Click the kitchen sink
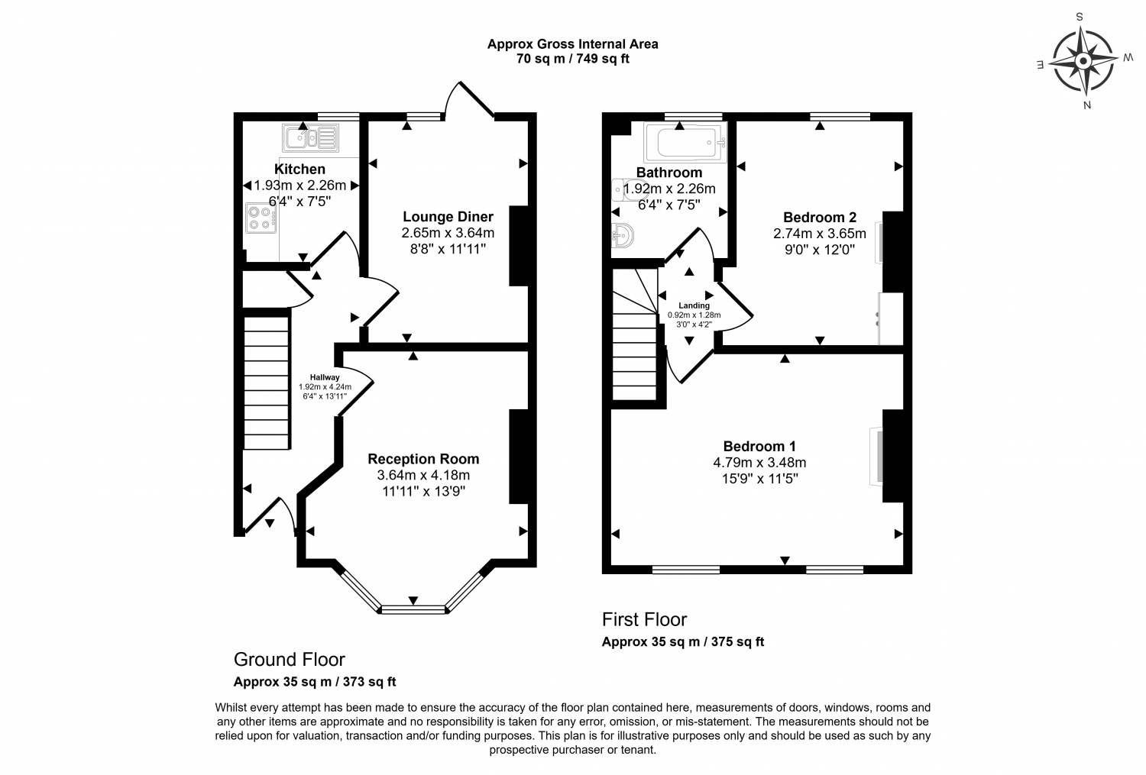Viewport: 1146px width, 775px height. click(310, 137)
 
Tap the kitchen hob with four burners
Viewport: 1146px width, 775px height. click(261, 218)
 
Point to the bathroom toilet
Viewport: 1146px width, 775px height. click(628, 190)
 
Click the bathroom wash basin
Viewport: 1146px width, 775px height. click(623, 236)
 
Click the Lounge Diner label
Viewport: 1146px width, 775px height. click(448, 217)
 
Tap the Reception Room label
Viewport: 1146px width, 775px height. click(423, 459)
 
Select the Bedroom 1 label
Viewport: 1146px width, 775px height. click(759, 446)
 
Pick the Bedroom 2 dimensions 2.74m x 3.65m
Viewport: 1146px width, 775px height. click(820, 234)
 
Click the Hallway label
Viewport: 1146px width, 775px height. click(325, 377)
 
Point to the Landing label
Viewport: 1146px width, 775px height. click(694, 305)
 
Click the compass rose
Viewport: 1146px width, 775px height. click(1083, 61)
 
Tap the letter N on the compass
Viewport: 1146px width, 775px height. click(1087, 105)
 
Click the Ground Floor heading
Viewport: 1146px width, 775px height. click(289, 660)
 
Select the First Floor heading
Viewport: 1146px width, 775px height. click(644, 619)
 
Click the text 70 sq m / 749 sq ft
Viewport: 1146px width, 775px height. click(572, 59)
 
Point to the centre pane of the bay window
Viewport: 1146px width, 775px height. click(413, 609)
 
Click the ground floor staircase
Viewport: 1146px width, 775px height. click(267, 383)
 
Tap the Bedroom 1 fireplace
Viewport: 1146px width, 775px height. click(876, 456)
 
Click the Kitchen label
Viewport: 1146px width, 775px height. click(299, 170)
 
